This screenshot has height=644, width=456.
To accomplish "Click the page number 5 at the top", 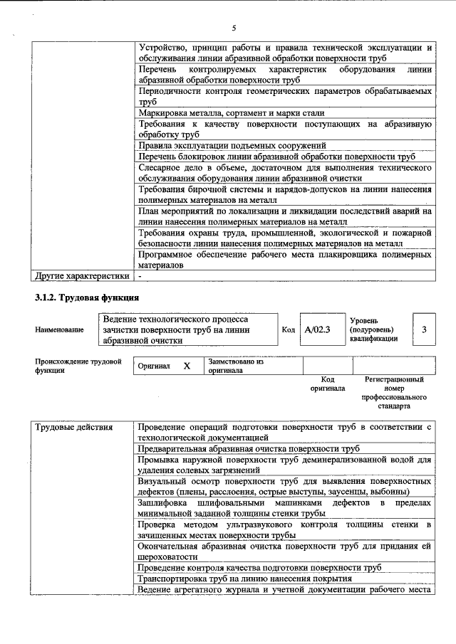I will (233, 28).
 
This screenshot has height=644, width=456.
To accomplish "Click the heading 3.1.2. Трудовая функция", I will (87, 297).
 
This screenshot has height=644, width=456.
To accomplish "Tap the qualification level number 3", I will (424, 329).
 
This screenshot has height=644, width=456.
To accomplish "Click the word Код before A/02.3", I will (289, 330).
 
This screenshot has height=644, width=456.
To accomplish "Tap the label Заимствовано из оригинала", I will (236, 366).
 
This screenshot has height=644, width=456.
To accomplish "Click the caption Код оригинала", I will (328, 384).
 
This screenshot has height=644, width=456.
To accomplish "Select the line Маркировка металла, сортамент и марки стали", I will (232, 112).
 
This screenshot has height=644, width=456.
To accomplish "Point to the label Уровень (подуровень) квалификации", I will (370, 330).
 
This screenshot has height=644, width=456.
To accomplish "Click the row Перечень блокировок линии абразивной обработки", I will (276, 157).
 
